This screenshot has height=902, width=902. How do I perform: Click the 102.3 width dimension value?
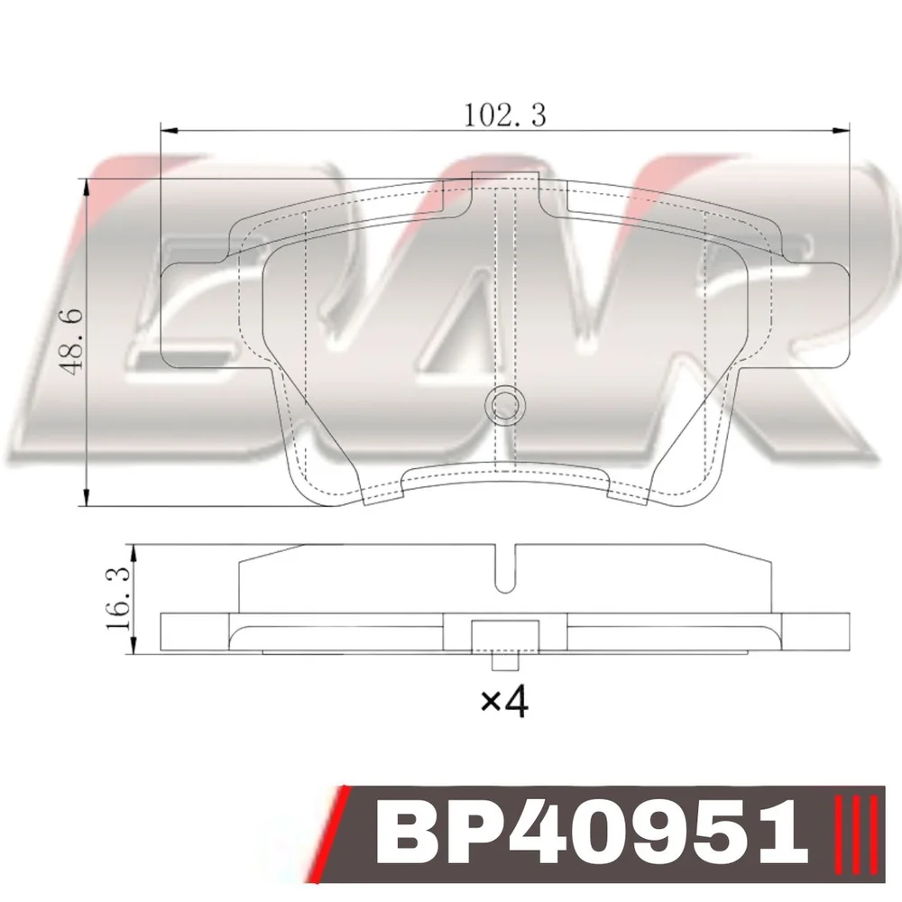[x=504, y=115]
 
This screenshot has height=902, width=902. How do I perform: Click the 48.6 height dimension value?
[x=73, y=342]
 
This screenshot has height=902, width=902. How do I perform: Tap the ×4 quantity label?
[x=504, y=701]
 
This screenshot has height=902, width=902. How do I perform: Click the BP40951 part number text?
[x=593, y=833]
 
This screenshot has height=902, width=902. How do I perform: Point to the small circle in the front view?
[x=505, y=405]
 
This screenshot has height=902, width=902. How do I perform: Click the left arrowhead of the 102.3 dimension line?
[x=169, y=131]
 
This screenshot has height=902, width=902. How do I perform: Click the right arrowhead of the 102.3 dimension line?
[x=841, y=131]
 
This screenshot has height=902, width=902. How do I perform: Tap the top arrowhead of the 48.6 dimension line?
[x=87, y=187]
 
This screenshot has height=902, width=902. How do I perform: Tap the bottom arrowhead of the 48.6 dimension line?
[x=87, y=498]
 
